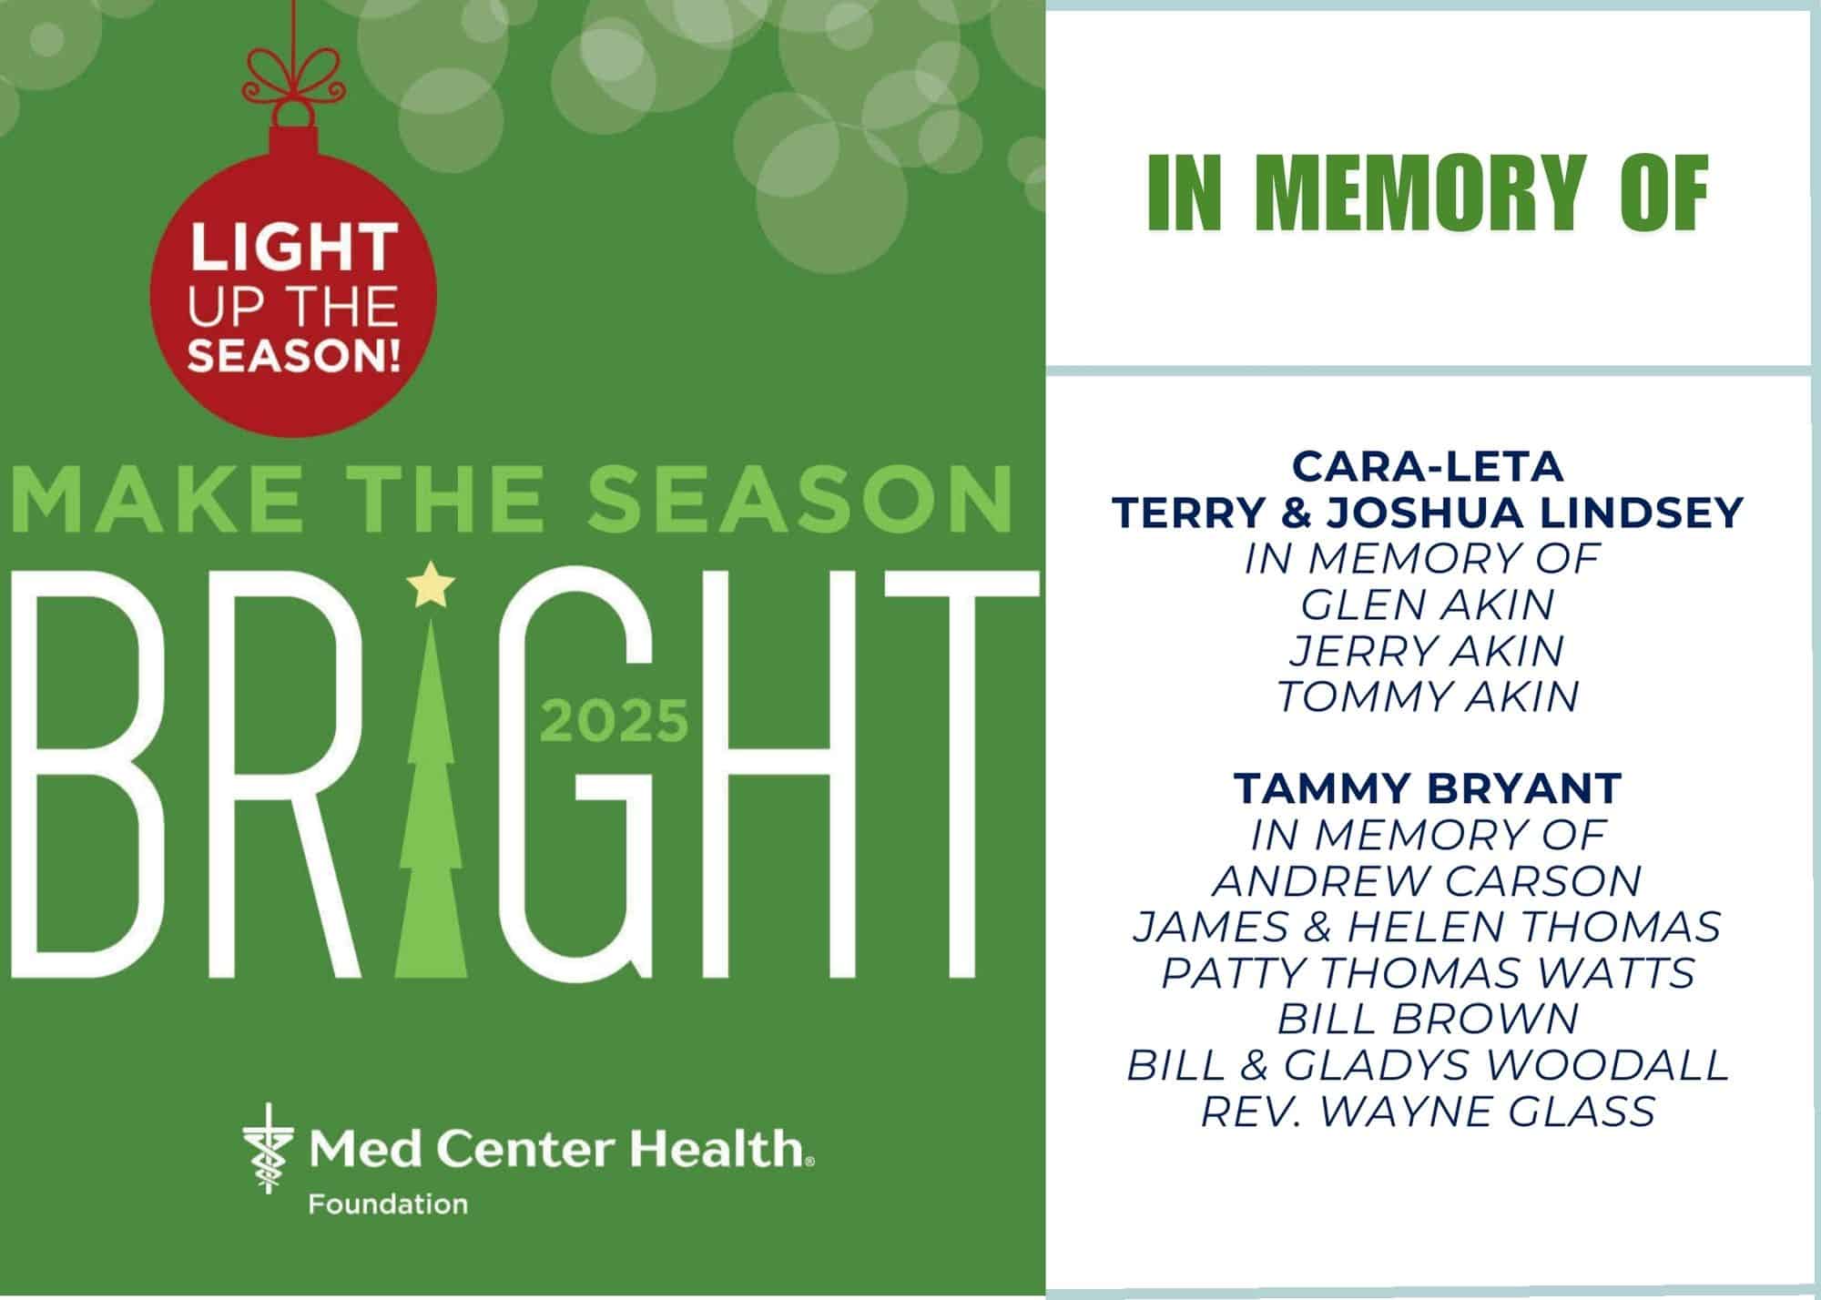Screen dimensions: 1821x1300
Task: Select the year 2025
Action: click(615, 722)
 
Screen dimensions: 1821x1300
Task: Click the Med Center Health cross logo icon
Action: click(268, 1148)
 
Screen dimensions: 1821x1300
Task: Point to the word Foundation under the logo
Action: click(388, 1205)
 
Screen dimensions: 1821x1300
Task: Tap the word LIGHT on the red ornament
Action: click(293, 248)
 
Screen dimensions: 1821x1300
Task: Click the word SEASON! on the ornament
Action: click(293, 354)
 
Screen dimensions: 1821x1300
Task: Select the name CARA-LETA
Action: click(1428, 467)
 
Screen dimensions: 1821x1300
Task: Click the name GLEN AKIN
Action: click(1428, 604)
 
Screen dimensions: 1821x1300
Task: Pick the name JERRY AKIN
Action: click(1428, 651)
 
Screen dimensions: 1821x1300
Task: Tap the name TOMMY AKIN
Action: click(1428, 697)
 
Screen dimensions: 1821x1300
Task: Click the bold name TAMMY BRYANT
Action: click(1428, 788)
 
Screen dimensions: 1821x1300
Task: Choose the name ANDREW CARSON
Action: click(1428, 880)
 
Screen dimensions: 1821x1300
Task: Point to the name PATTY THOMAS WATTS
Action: click(1428, 973)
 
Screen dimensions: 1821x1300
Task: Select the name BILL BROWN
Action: click(1428, 1019)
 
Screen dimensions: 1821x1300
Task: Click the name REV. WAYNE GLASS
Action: click(1428, 1112)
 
